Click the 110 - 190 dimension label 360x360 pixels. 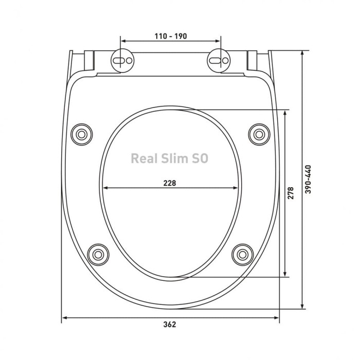tap(171, 36)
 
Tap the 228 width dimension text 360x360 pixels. tap(170, 183)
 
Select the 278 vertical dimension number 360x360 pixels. tap(291, 193)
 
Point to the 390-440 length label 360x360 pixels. tap(308, 179)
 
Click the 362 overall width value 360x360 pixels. tap(170, 325)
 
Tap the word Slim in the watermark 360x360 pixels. tap(175, 158)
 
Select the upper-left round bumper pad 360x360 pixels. tap(81, 134)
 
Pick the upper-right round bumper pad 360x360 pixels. tap(259, 134)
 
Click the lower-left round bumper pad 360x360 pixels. tap(98, 255)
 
